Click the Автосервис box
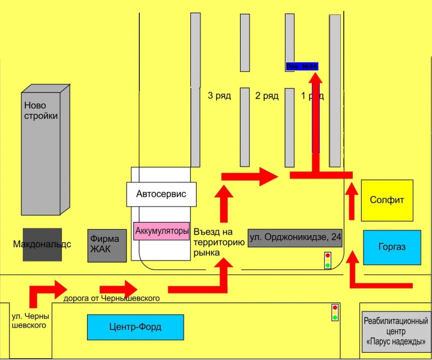[161, 194]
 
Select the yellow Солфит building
[387, 200]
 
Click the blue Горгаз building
[392, 247]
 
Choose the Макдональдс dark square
[42, 244]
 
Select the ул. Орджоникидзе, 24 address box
[295, 237]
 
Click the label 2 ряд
[266, 96]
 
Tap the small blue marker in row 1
[302, 66]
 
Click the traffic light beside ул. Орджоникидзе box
[328, 260]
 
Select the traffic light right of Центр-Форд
[335, 312]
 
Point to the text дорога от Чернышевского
[111, 298]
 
